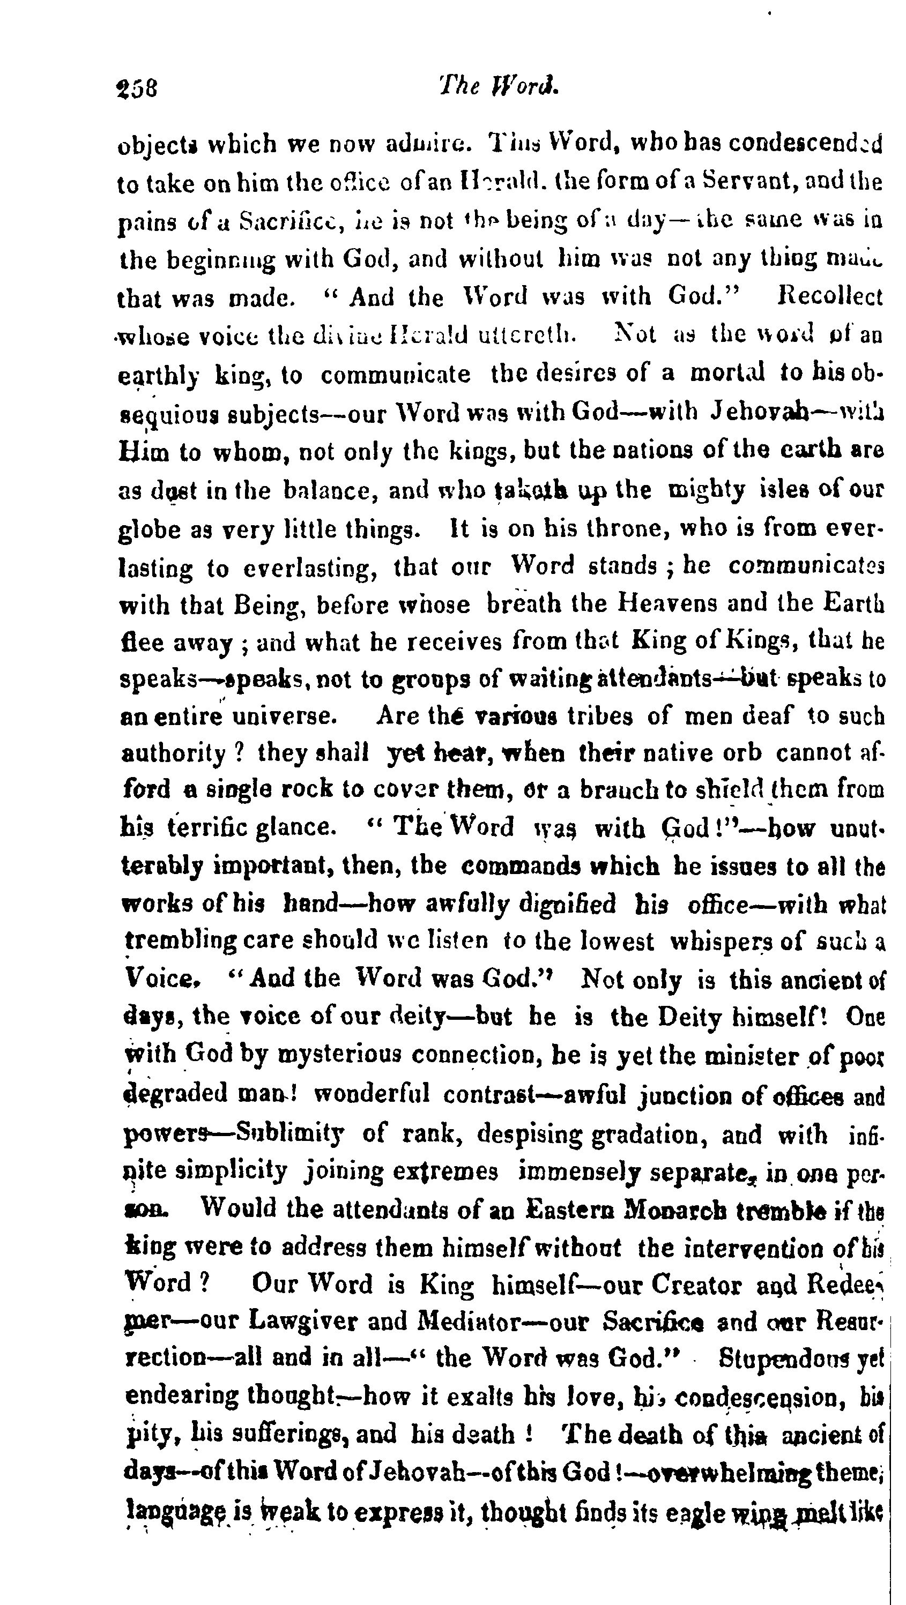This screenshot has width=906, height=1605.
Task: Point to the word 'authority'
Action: [173, 755]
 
